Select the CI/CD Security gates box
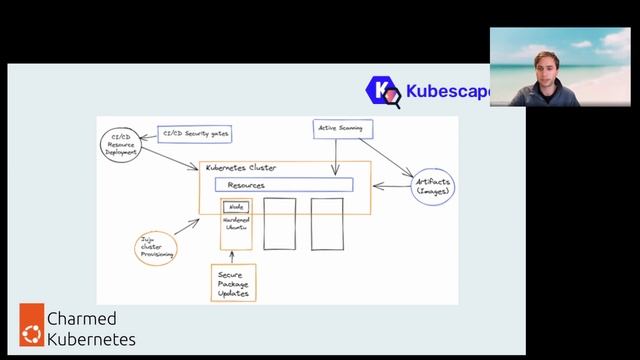click(x=198, y=133)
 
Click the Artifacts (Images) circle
click(x=433, y=186)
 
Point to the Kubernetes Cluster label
click(x=241, y=168)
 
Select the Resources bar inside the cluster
click(x=284, y=185)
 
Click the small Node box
click(x=236, y=206)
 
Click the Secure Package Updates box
click(x=233, y=282)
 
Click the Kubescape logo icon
click(x=382, y=91)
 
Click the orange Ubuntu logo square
click(x=32, y=328)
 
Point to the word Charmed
click(x=82, y=319)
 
